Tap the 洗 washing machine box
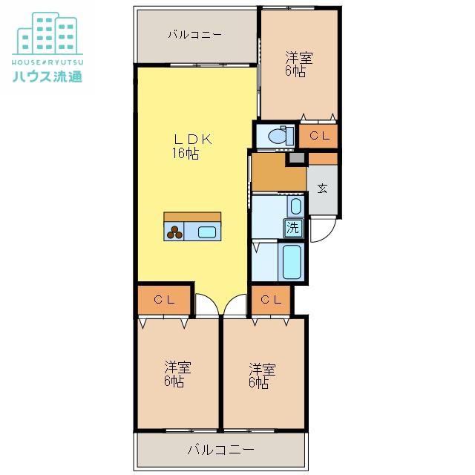pyautogui.click(x=293, y=228)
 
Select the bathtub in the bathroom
pyautogui.click(x=292, y=262)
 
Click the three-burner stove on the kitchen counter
pyautogui.click(x=174, y=232)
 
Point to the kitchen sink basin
pyautogui.click(x=207, y=232)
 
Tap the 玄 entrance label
pyautogui.click(x=322, y=189)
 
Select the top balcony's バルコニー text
pyautogui.click(x=195, y=35)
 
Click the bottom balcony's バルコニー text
pyautogui.click(x=221, y=450)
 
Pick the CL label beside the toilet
pyautogui.click(x=319, y=136)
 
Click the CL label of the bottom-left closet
pyautogui.click(x=165, y=300)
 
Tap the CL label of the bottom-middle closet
pyautogui.click(x=271, y=300)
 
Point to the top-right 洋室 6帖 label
pyautogui.click(x=298, y=65)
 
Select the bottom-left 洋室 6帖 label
pyautogui.click(x=177, y=374)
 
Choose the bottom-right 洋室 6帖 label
pyautogui.click(x=262, y=376)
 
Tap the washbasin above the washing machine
pyautogui.click(x=295, y=206)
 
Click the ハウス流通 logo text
pyautogui.click(x=47, y=76)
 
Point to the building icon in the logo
pyautogui.click(x=47, y=33)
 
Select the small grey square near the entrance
pyautogui.click(x=297, y=158)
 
